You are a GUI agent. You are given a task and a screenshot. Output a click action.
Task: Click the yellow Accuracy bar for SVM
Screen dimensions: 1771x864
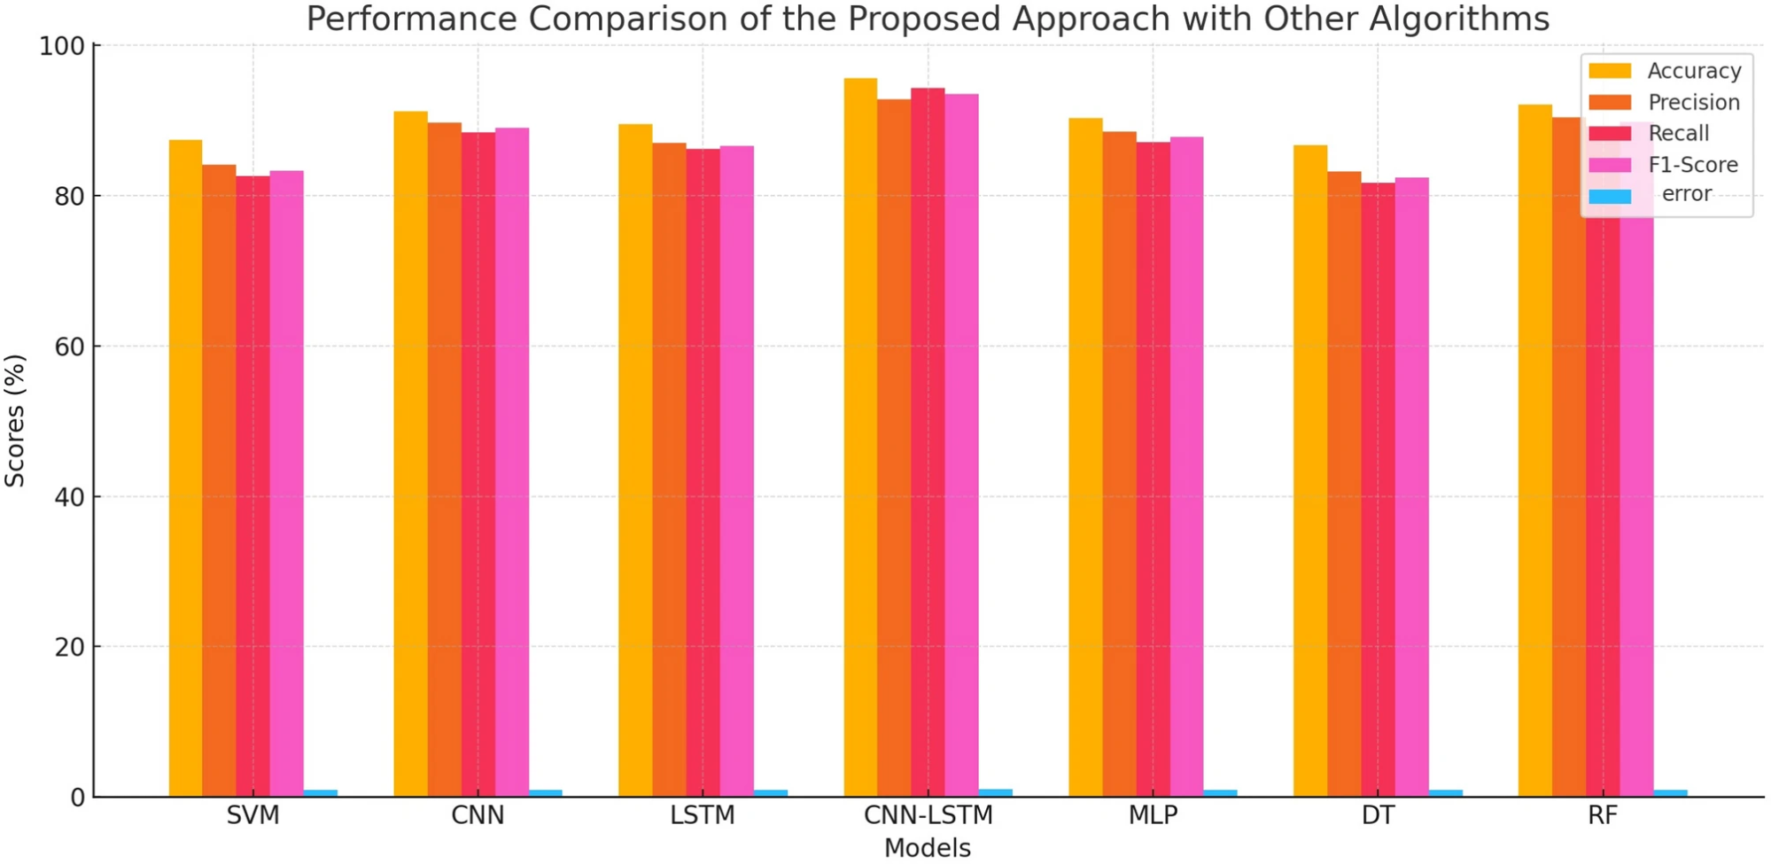coord(185,468)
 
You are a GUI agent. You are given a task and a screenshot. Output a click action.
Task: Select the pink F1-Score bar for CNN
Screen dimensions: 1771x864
coord(512,463)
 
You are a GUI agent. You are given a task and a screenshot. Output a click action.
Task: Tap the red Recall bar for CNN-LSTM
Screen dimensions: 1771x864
coord(928,442)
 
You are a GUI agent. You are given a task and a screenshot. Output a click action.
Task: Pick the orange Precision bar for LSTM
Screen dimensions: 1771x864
coord(669,470)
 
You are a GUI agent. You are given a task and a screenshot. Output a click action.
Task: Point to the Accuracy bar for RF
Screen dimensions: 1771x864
coord(1535,451)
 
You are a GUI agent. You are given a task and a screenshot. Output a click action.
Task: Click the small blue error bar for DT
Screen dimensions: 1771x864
coord(1445,793)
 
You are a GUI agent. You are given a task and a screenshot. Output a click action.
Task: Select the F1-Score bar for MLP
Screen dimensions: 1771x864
coord(1186,467)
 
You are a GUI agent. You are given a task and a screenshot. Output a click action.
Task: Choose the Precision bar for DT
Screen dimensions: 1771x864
coord(1344,484)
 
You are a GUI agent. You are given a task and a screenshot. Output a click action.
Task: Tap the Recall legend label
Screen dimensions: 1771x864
coord(1679,134)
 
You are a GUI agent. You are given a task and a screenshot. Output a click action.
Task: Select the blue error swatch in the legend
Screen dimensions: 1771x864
coord(1610,197)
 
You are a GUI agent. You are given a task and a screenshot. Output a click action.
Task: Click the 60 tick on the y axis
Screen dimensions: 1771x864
coord(70,346)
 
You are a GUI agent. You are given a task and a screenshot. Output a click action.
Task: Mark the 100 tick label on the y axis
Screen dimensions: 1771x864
coord(62,46)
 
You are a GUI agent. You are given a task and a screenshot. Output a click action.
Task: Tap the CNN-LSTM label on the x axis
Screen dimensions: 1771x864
coord(928,815)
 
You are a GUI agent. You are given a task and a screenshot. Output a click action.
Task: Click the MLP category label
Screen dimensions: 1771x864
coord(1153,815)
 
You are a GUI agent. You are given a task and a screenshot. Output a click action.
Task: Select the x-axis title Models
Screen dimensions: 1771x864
coord(928,848)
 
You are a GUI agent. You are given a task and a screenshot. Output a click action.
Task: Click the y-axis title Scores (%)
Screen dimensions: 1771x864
coord(15,421)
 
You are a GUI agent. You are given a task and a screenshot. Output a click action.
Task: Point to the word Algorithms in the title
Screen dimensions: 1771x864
coord(1460,19)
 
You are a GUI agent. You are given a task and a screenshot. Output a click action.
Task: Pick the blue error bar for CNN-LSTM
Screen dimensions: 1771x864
coord(995,793)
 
